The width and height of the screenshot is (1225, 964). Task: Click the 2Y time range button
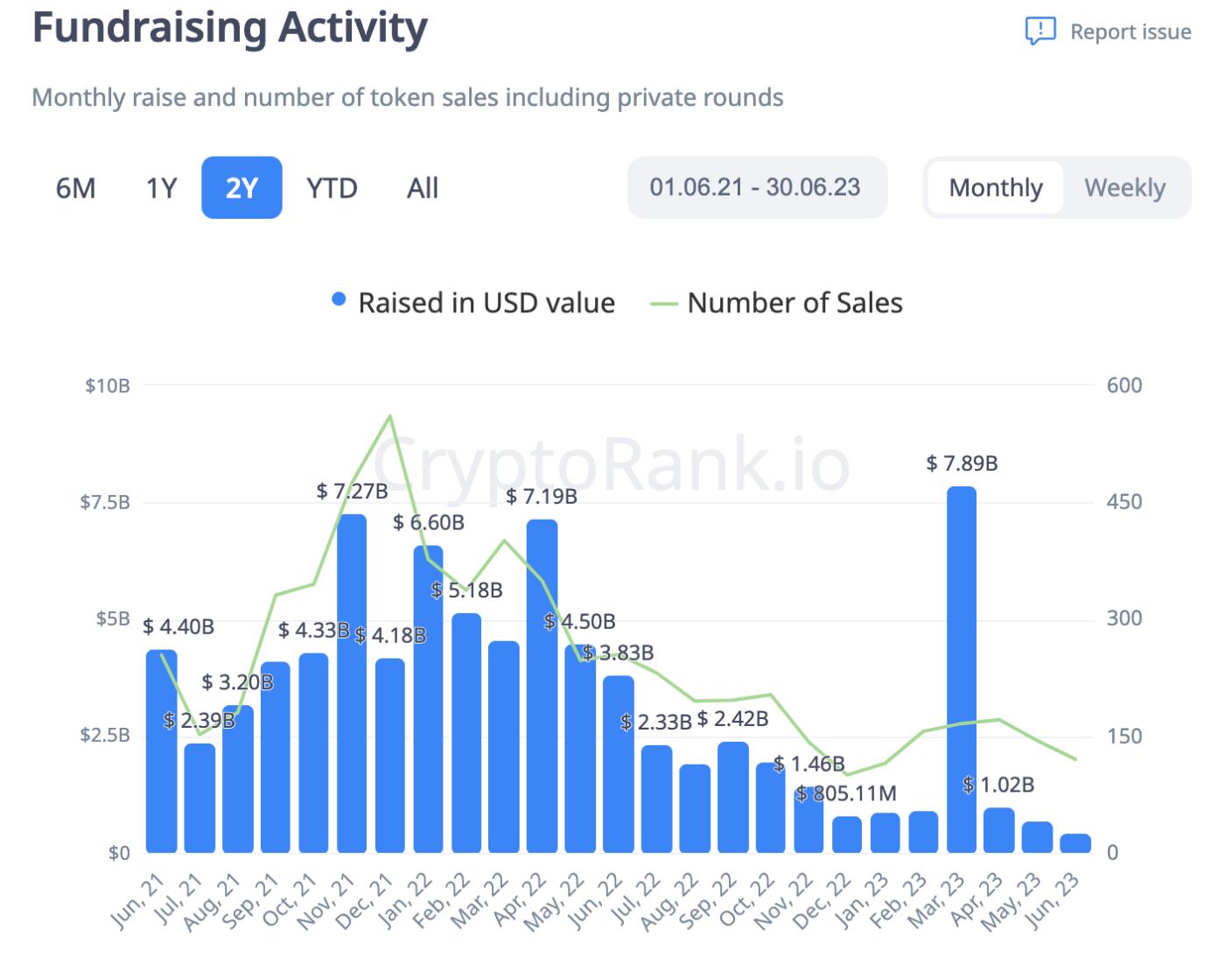pos(241,187)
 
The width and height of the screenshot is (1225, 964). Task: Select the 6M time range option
pos(76,188)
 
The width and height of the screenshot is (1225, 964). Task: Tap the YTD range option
pos(332,188)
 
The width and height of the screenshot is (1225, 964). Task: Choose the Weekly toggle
pos(1124,188)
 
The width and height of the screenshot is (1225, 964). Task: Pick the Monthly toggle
pos(996,188)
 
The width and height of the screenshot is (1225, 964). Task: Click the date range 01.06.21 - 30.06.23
pos(756,187)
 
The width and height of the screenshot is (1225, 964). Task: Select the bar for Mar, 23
pos(962,669)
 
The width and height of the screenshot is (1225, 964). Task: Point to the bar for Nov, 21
pos(352,682)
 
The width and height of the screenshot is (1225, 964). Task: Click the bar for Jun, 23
pos(1075,843)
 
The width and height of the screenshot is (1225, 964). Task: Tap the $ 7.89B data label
pos(962,464)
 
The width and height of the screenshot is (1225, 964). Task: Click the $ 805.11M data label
pos(846,793)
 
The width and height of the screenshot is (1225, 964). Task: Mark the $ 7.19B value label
pos(542,497)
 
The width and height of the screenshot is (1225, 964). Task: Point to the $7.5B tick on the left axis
pos(105,502)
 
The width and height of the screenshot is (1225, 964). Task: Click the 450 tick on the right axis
pos(1123,502)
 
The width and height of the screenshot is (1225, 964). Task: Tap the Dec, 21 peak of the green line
pos(390,416)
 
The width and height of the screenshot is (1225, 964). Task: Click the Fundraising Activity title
pos(229,28)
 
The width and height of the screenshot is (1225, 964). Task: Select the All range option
pos(423,188)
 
